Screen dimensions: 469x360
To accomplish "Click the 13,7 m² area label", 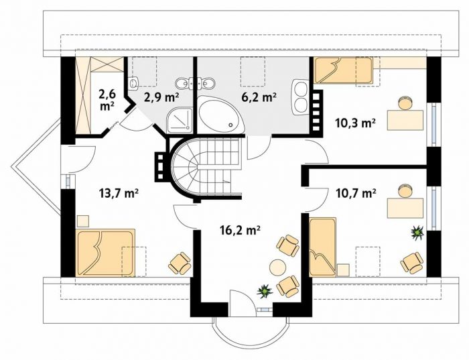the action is (118, 193).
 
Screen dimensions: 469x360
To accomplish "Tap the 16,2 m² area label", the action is (239, 230).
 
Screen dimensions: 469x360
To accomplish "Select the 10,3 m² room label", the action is (356, 123).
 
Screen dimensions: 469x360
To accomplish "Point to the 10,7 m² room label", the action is (356, 193).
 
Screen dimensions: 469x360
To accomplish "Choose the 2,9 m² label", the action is (161, 97).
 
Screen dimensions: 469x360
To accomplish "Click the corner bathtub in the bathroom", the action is (221, 114).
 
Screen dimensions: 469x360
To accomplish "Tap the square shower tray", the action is (180, 120).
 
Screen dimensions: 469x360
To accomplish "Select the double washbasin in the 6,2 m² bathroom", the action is (300, 97).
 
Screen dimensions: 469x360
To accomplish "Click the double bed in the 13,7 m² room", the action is (105, 253).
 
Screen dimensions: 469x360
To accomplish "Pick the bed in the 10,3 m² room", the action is (342, 70).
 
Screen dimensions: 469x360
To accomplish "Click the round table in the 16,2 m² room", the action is (278, 267).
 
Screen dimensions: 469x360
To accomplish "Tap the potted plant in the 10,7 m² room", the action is (417, 232).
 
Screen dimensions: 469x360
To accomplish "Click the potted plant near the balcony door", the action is (265, 291).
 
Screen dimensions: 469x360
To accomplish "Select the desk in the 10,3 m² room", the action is (405, 120).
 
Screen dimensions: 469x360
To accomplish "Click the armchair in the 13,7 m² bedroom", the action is (180, 263).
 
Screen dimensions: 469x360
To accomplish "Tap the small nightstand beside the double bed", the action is (83, 221).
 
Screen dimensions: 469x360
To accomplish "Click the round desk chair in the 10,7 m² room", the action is (405, 190).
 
